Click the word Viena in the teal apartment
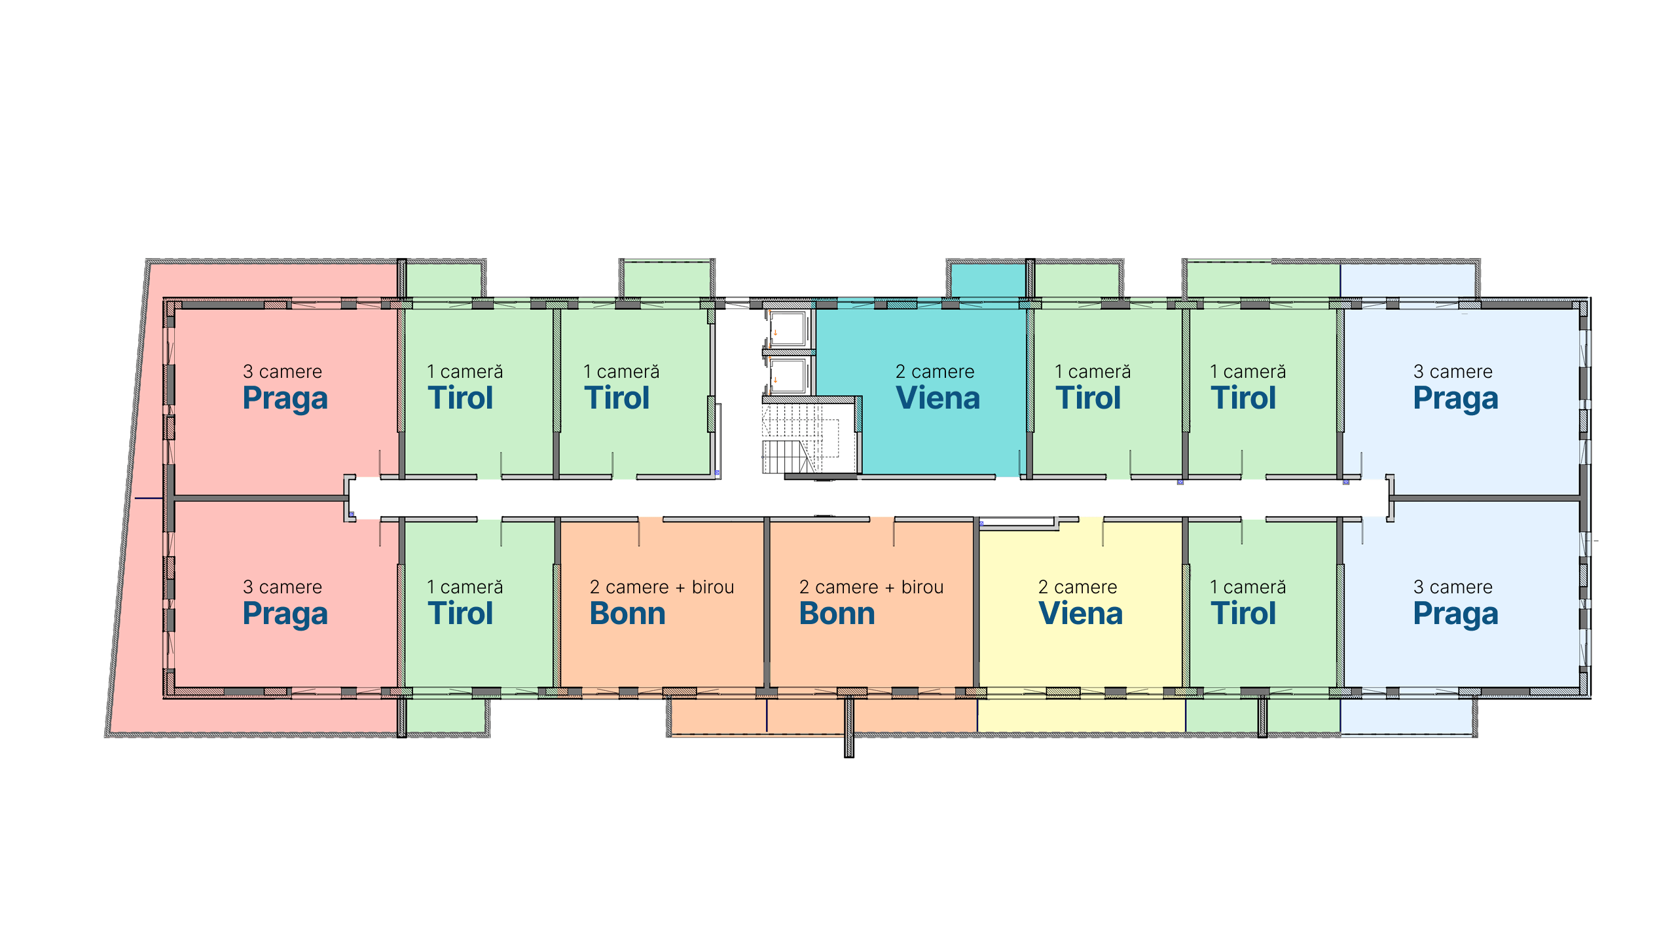click(x=938, y=398)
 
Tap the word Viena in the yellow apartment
click(x=1080, y=614)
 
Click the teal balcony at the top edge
click(x=988, y=280)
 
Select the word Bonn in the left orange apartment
click(x=627, y=614)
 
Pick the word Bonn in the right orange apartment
click(x=837, y=614)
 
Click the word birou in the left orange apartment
click(x=713, y=587)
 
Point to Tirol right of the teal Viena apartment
click(x=1088, y=398)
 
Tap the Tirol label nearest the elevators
click(x=617, y=398)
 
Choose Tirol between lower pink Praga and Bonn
click(x=460, y=614)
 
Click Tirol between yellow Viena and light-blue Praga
click(x=1243, y=614)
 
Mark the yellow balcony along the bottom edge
click(x=1081, y=715)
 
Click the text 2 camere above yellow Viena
click(x=1078, y=587)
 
